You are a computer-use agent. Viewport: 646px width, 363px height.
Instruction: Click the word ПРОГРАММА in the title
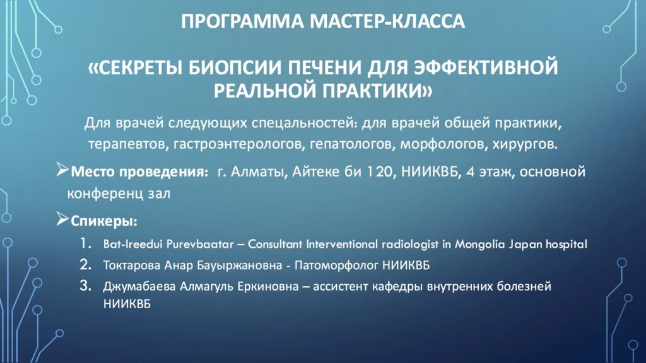pos(243,21)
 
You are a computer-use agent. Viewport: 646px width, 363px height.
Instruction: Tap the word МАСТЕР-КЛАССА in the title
pos(387,21)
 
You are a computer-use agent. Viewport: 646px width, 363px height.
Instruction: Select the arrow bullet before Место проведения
pos(62,170)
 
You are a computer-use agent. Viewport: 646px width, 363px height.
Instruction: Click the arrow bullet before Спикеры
pos(62,219)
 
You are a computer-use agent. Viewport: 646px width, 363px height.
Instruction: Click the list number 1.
pos(86,243)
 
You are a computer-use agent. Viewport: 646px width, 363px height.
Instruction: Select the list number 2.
pos(85,264)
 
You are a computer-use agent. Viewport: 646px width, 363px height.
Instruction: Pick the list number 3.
pos(85,285)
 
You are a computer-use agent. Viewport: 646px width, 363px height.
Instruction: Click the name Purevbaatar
pos(200,245)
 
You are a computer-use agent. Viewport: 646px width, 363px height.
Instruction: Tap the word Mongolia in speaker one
pos(479,245)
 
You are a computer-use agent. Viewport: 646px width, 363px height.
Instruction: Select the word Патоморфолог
pos(336,265)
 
